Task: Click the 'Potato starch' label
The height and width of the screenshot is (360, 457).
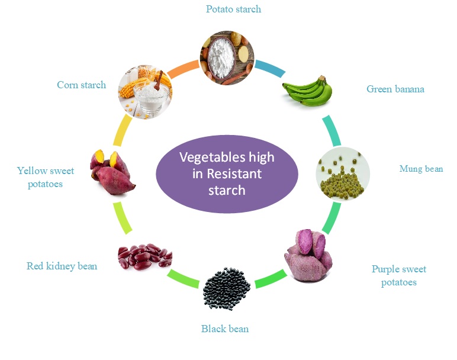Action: pyautogui.click(x=233, y=9)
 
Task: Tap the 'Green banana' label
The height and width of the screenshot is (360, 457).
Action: pyautogui.click(x=395, y=89)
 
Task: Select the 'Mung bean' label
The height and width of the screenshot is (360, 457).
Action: pyautogui.click(x=421, y=169)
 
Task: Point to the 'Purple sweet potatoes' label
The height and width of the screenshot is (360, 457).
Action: pyautogui.click(x=398, y=275)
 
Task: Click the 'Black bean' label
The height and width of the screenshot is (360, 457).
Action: pyautogui.click(x=225, y=329)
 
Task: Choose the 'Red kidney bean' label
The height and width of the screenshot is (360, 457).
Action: pyautogui.click(x=62, y=266)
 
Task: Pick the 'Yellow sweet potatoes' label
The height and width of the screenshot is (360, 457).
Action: pyautogui.click(x=46, y=177)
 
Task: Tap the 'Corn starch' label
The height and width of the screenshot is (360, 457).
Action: pyautogui.click(x=81, y=85)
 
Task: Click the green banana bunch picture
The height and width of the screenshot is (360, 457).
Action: pyautogui.click(x=307, y=91)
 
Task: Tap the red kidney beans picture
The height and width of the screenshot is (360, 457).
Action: pyautogui.click(x=144, y=257)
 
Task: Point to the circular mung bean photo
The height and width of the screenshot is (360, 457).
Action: pyautogui.click(x=342, y=173)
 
